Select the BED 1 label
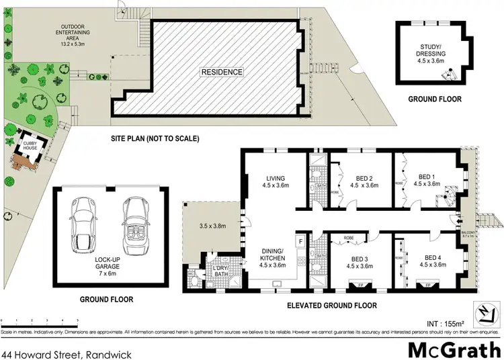click(x=427, y=179)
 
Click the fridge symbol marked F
click(x=300, y=239)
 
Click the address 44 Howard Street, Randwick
click(x=66, y=353)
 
